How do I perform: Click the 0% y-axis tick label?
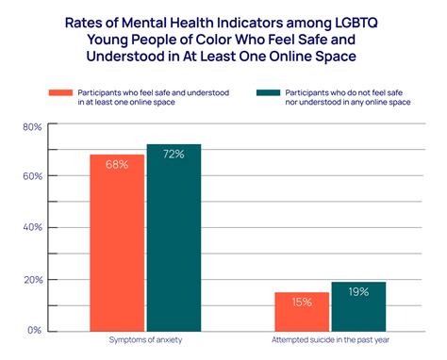[33, 331]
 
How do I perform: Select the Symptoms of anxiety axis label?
[145, 340]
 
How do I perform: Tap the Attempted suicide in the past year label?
[330, 340]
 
